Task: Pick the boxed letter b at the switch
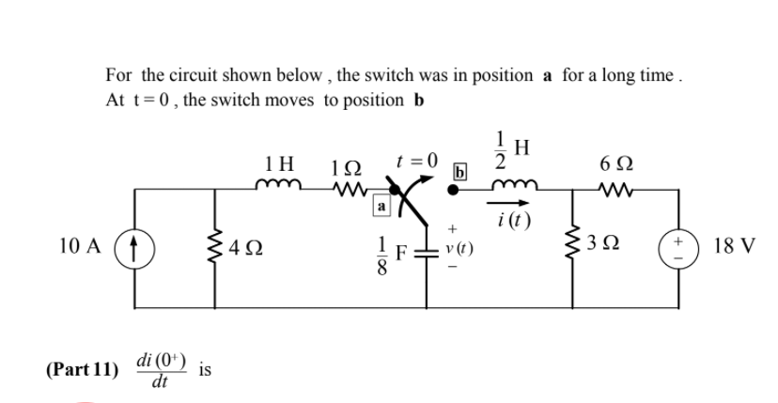[459, 172]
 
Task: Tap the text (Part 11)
[82, 369]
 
